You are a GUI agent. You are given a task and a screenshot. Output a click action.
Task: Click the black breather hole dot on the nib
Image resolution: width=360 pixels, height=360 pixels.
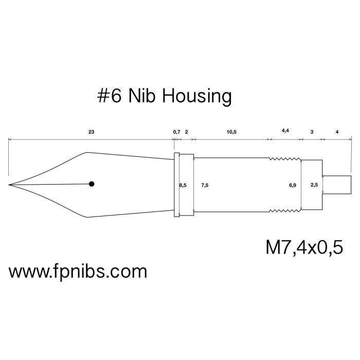pyautogui.click(x=92, y=184)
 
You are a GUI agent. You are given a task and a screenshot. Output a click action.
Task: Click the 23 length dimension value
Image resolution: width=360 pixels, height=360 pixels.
pyautogui.click(x=91, y=132)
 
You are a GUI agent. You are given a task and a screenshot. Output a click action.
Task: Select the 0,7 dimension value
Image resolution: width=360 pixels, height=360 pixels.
pyautogui.click(x=176, y=132)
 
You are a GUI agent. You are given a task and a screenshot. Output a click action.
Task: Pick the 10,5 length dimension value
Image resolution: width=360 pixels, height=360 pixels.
pyautogui.click(x=232, y=132)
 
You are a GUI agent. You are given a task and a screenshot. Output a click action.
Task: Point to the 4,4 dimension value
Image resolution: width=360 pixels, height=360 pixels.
pyautogui.click(x=285, y=131)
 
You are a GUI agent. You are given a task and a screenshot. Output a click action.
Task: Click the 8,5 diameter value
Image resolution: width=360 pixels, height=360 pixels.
pyautogui.click(x=183, y=184)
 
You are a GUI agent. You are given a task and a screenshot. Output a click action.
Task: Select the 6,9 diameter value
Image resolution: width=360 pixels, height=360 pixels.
pyautogui.click(x=293, y=184)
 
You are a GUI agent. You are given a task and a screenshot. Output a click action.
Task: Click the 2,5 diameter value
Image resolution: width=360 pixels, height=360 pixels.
pyautogui.click(x=314, y=184)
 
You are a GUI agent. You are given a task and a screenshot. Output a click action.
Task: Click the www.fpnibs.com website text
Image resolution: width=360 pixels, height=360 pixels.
pyautogui.click(x=78, y=271)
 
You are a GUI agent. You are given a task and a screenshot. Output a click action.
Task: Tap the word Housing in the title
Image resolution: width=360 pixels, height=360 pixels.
pyautogui.click(x=197, y=96)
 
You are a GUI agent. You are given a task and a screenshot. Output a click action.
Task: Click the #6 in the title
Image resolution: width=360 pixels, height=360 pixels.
pyautogui.click(x=109, y=96)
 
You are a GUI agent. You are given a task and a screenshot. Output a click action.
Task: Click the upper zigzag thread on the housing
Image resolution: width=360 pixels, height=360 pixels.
pyautogui.click(x=285, y=159)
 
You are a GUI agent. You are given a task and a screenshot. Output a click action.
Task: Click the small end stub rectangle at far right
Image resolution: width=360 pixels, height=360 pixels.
pyautogui.click(x=337, y=185)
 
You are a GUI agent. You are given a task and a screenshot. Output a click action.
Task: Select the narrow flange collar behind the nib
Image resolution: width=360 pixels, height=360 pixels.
pyautogui.click(x=176, y=185)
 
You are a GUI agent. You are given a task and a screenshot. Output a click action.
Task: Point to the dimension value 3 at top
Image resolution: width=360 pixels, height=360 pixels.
pyautogui.click(x=312, y=132)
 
